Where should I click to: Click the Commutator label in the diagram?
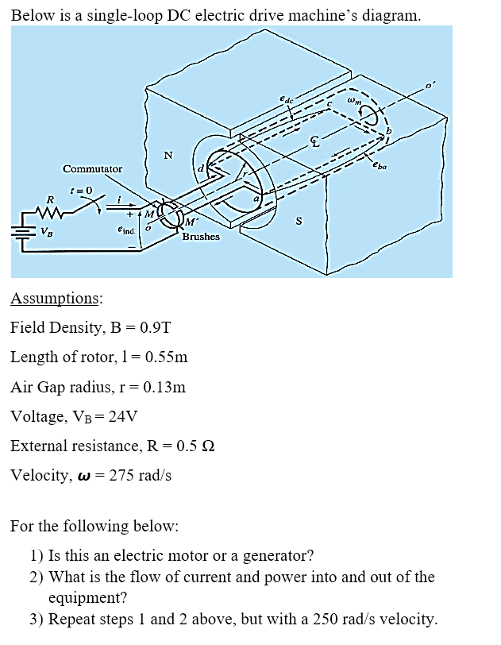[x=93, y=169]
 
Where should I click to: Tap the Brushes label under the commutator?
[x=201, y=237]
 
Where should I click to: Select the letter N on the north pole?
[x=168, y=156]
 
